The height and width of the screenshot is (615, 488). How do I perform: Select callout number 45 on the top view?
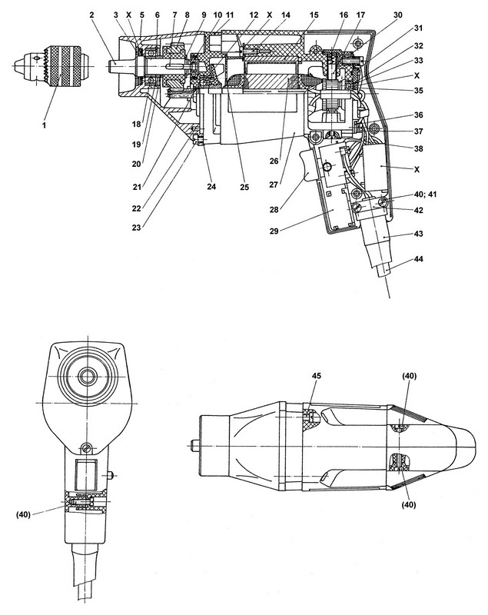click(317, 377)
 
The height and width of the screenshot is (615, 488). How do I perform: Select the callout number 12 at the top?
click(252, 15)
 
